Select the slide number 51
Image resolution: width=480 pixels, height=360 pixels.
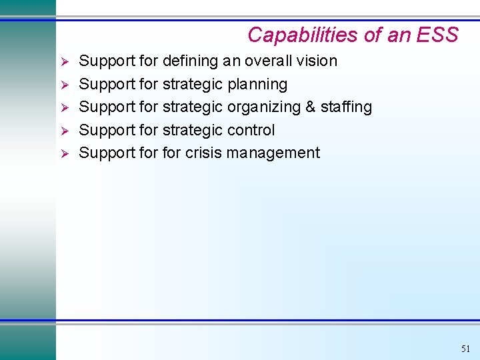click(x=465, y=349)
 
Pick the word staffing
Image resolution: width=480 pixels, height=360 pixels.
click(x=347, y=107)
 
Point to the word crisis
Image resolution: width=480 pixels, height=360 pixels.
click(x=203, y=153)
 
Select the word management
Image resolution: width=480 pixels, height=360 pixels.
click(x=273, y=153)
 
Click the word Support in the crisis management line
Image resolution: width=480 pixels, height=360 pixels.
click(x=107, y=153)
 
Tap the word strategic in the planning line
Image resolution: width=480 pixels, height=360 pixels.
click(x=193, y=84)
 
